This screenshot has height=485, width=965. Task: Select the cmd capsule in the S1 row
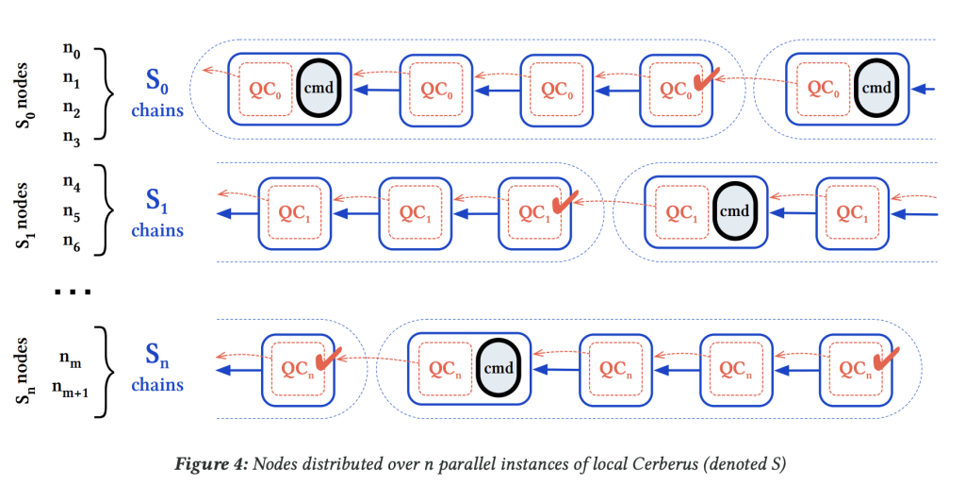(x=734, y=210)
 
